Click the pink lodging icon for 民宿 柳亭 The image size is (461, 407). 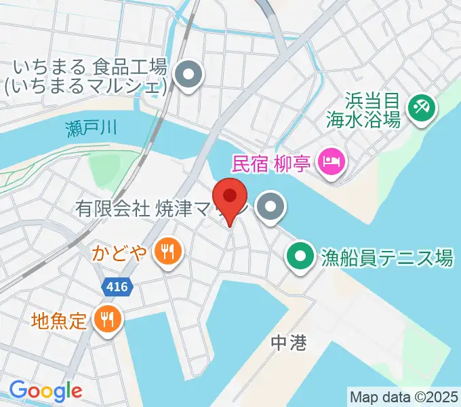[332, 161]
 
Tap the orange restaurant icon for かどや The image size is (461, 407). [166, 252]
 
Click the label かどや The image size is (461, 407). [128, 253]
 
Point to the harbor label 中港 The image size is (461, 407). [289, 343]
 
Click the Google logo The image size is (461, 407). [45, 391]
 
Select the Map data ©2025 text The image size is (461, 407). [404, 396]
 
